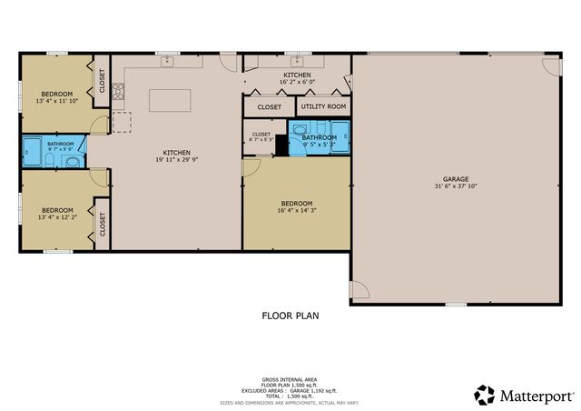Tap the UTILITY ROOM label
[322, 106]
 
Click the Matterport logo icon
[485, 395]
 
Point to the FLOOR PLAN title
[289, 316]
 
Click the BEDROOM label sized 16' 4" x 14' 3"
[296, 203]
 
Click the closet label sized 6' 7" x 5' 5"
[261, 138]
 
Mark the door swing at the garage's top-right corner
[552, 65]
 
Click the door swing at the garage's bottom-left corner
[359, 290]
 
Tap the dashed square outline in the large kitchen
[122, 120]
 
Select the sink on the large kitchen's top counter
[167, 62]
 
